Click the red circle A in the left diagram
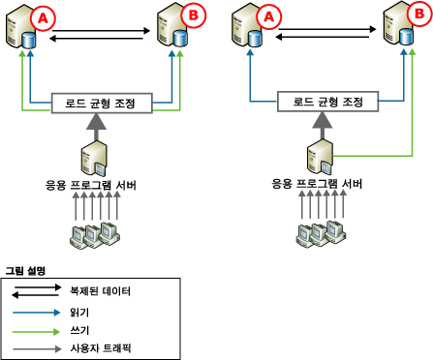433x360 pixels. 43,16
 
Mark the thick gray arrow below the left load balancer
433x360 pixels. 98,125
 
